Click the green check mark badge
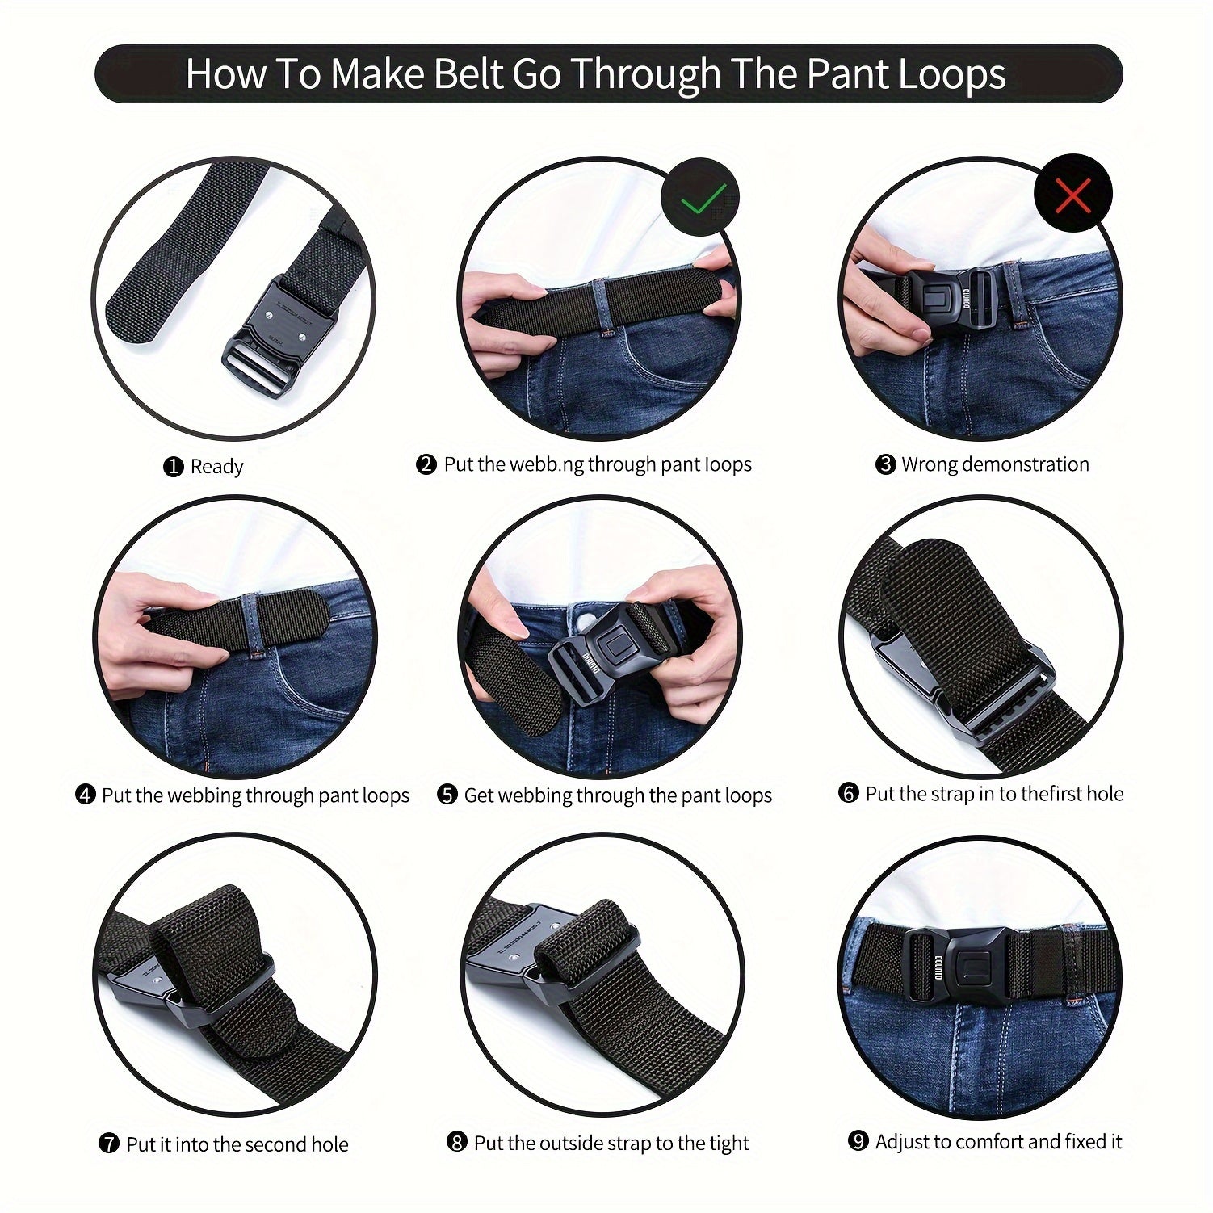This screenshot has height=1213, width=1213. pyautogui.click(x=700, y=196)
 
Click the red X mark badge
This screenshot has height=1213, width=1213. pyautogui.click(x=1073, y=195)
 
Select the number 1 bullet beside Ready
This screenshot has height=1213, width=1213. pyautogui.click(x=174, y=467)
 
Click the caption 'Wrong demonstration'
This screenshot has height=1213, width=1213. pyautogui.click(x=995, y=464)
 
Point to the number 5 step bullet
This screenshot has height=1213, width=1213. pyautogui.click(x=447, y=795)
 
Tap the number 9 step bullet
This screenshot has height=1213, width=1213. pyautogui.click(x=858, y=1141)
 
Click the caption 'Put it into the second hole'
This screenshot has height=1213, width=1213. pyautogui.click(x=237, y=1144)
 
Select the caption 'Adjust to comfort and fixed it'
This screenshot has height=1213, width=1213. pyautogui.click(x=998, y=1141)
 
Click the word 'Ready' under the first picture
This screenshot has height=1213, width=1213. pyautogui.click(x=216, y=467)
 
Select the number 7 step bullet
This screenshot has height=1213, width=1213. pyautogui.click(x=109, y=1144)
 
